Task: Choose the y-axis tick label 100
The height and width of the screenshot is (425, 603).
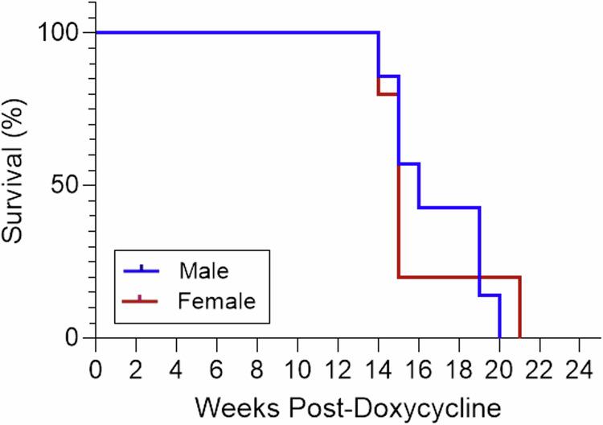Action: (57, 33)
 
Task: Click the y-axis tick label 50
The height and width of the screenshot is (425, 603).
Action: (65, 185)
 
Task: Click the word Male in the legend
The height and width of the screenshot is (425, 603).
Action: (201, 268)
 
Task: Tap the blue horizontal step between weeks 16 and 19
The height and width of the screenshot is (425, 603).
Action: (449, 208)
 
